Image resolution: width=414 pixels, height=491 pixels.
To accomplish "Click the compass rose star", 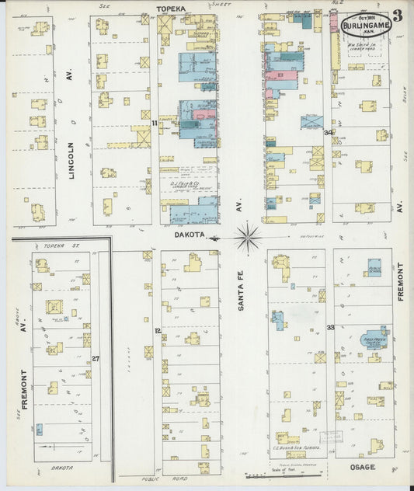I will pos(247,236).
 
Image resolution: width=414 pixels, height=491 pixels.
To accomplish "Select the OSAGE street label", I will pos(363,467).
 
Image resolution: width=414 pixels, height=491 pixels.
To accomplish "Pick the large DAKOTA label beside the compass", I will pos(189,232).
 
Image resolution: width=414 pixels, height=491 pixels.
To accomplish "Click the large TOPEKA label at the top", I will pos(173,7).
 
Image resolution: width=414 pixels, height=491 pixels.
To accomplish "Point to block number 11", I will pos(155,123).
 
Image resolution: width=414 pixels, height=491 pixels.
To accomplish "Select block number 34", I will pos(329,132).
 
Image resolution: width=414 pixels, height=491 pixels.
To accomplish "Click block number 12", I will pos(158,330).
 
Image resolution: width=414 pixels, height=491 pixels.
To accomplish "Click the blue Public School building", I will pos(374,268).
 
